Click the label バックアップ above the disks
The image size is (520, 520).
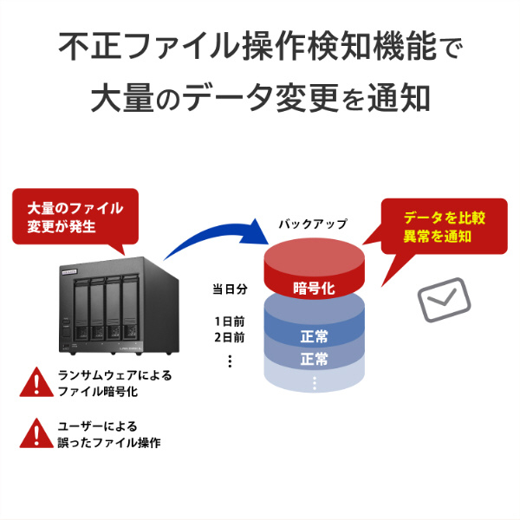312,224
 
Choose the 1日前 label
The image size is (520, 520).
230,322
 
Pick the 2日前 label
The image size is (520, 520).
230,337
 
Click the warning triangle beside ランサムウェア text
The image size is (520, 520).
36,380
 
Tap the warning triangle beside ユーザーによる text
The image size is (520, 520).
36,432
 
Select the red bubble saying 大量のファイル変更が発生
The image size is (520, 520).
75,218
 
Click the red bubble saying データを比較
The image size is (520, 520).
444,225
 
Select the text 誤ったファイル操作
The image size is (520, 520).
108,442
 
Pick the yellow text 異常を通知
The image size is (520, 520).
444,236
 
